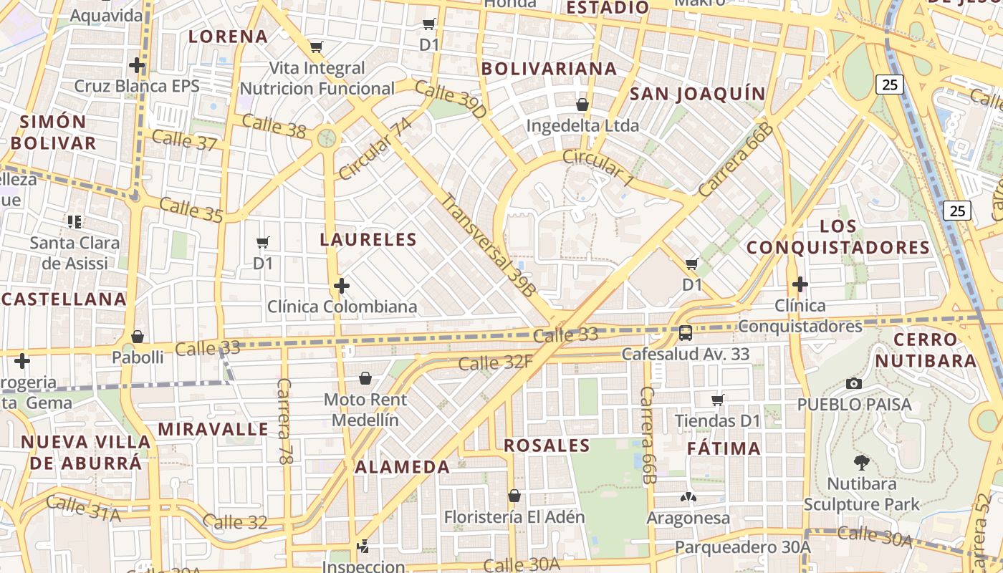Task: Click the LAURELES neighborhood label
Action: [x=368, y=239]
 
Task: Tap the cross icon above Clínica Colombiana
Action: [x=342, y=286]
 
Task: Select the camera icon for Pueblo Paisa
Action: [x=853, y=384]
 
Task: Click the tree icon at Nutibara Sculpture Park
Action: [x=862, y=463]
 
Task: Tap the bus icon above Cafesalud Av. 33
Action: [x=686, y=333]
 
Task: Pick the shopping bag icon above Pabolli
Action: [x=138, y=337]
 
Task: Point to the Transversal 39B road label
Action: [x=488, y=245]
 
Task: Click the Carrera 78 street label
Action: [x=284, y=421]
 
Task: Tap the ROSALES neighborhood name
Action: [x=547, y=446]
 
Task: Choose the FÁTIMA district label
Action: [x=724, y=448]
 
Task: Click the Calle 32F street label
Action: [x=496, y=362]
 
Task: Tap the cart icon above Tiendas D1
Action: [x=718, y=400]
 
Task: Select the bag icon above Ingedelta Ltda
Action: [x=582, y=105]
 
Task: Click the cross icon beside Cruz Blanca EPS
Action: [x=137, y=66]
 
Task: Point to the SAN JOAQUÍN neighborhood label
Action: [x=697, y=94]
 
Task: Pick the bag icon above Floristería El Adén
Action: [x=514, y=496]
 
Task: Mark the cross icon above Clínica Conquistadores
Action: [x=800, y=285]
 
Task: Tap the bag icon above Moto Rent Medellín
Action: [x=365, y=378]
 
